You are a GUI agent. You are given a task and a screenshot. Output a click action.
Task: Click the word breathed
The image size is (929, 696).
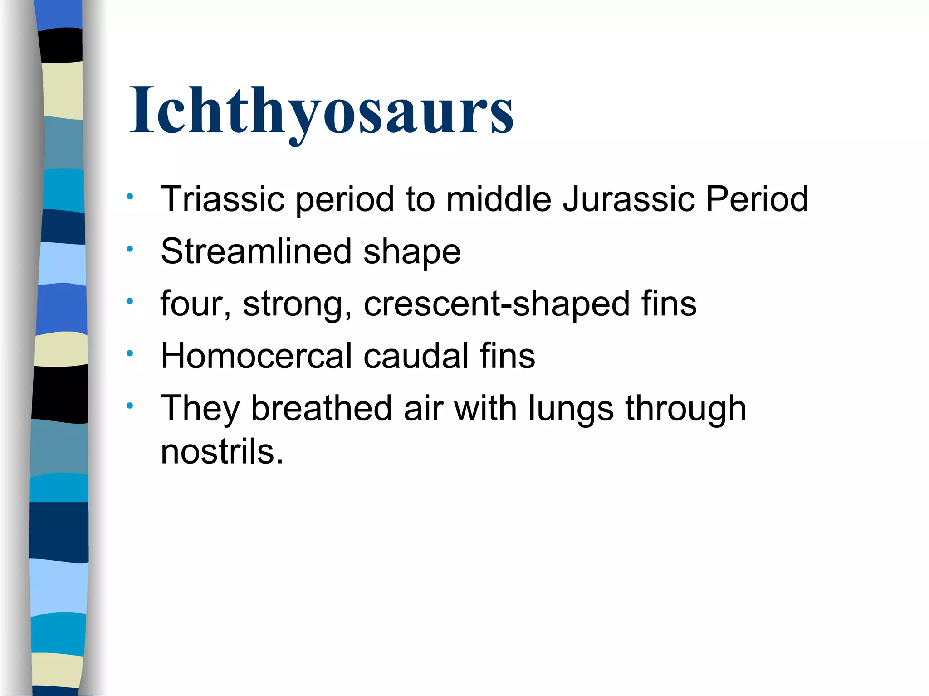[x=321, y=408]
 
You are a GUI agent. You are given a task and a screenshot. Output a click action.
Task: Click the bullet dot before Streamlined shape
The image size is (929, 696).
[x=130, y=249]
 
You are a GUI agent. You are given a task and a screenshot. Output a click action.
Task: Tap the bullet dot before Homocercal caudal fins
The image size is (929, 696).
[x=130, y=353]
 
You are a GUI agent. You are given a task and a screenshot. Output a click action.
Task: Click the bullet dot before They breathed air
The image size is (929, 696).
[x=130, y=406]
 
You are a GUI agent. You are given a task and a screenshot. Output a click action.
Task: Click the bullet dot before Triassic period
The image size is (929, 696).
[x=130, y=197]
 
